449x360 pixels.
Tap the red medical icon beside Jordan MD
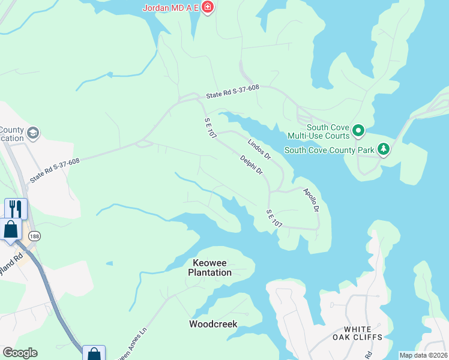pyautogui.click(x=208, y=7)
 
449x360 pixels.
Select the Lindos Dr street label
pyautogui.click(x=259, y=148)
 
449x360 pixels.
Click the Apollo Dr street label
pyautogui.click(x=310, y=200)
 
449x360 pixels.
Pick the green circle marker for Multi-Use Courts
pyautogui.click(x=358, y=130)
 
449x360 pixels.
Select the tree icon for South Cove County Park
pyautogui.click(x=383, y=149)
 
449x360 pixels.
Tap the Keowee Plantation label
pyautogui.click(x=209, y=268)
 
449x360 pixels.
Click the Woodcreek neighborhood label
pyautogui.click(x=213, y=324)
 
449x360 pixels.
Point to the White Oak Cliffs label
pyautogui.click(x=363, y=333)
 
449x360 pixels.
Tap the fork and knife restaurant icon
pyautogui.click(x=16, y=209)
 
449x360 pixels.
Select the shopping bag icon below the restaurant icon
pyautogui.click(x=11, y=229)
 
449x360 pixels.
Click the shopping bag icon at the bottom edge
pyautogui.click(x=94, y=353)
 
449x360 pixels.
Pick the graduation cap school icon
pyautogui.click(x=34, y=133)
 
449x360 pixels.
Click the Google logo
pyautogui.click(x=20, y=353)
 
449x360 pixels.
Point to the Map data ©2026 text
pyautogui.click(x=423, y=355)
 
